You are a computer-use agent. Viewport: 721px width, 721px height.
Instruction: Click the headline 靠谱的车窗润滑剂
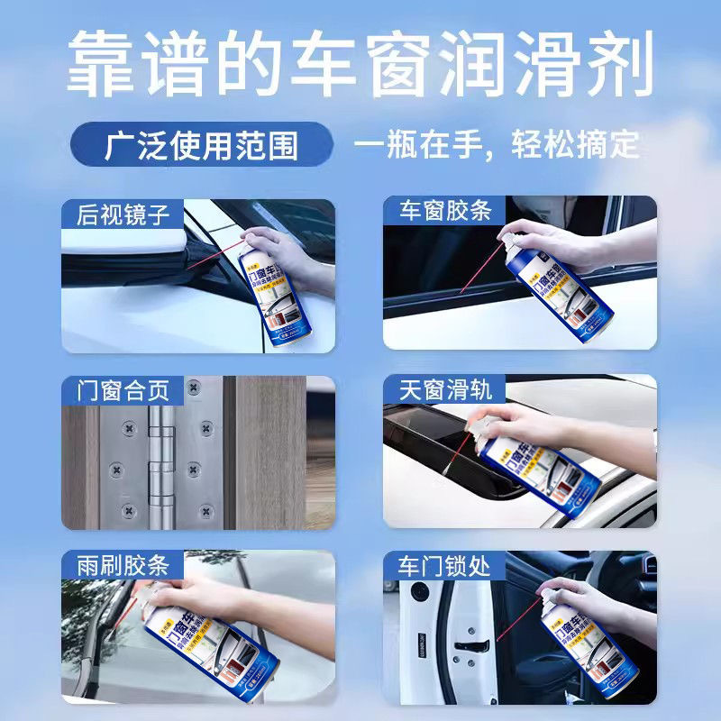(360, 65)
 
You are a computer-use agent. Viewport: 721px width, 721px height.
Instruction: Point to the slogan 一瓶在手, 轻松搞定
(497, 145)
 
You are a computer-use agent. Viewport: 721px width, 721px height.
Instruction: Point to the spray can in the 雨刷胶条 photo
(207, 640)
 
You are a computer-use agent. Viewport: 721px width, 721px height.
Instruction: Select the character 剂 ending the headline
(622, 65)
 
